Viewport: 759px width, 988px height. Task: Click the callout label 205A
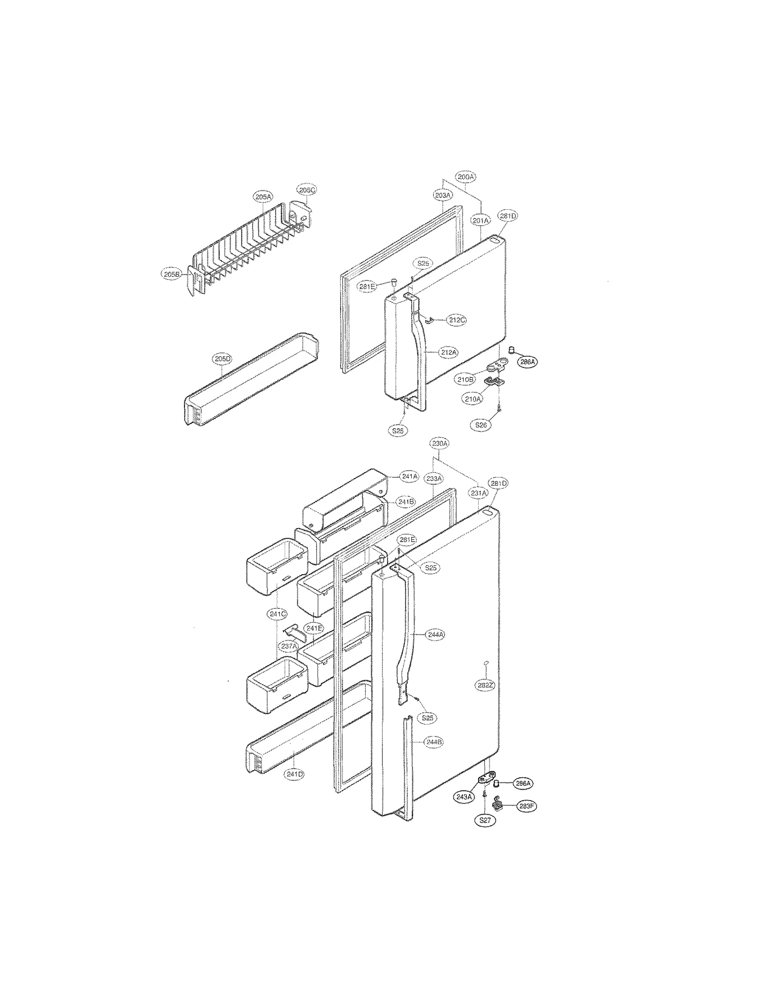point(263,196)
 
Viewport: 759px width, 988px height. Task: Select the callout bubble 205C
point(306,190)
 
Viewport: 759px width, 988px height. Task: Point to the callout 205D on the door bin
point(222,359)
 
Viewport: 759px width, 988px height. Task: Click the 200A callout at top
point(466,177)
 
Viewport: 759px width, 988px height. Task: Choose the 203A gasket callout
point(443,195)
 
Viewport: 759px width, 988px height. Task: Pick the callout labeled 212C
point(456,320)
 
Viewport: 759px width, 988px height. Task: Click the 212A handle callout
point(448,353)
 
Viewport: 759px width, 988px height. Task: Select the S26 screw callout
point(481,425)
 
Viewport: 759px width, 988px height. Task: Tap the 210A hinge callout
point(472,399)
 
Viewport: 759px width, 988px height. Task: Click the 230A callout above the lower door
point(439,444)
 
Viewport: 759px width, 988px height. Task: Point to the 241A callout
point(408,476)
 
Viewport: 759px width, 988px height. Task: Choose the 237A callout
point(288,646)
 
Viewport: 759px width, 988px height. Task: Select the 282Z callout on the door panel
point(485,685)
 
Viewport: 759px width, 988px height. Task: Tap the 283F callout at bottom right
point(528,806)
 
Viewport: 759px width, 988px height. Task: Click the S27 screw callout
point(485,820)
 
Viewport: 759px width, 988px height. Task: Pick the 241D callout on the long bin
point(295,774)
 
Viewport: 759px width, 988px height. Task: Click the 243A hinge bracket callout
point(463,797)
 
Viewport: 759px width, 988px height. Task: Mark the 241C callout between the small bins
point(277,614)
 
